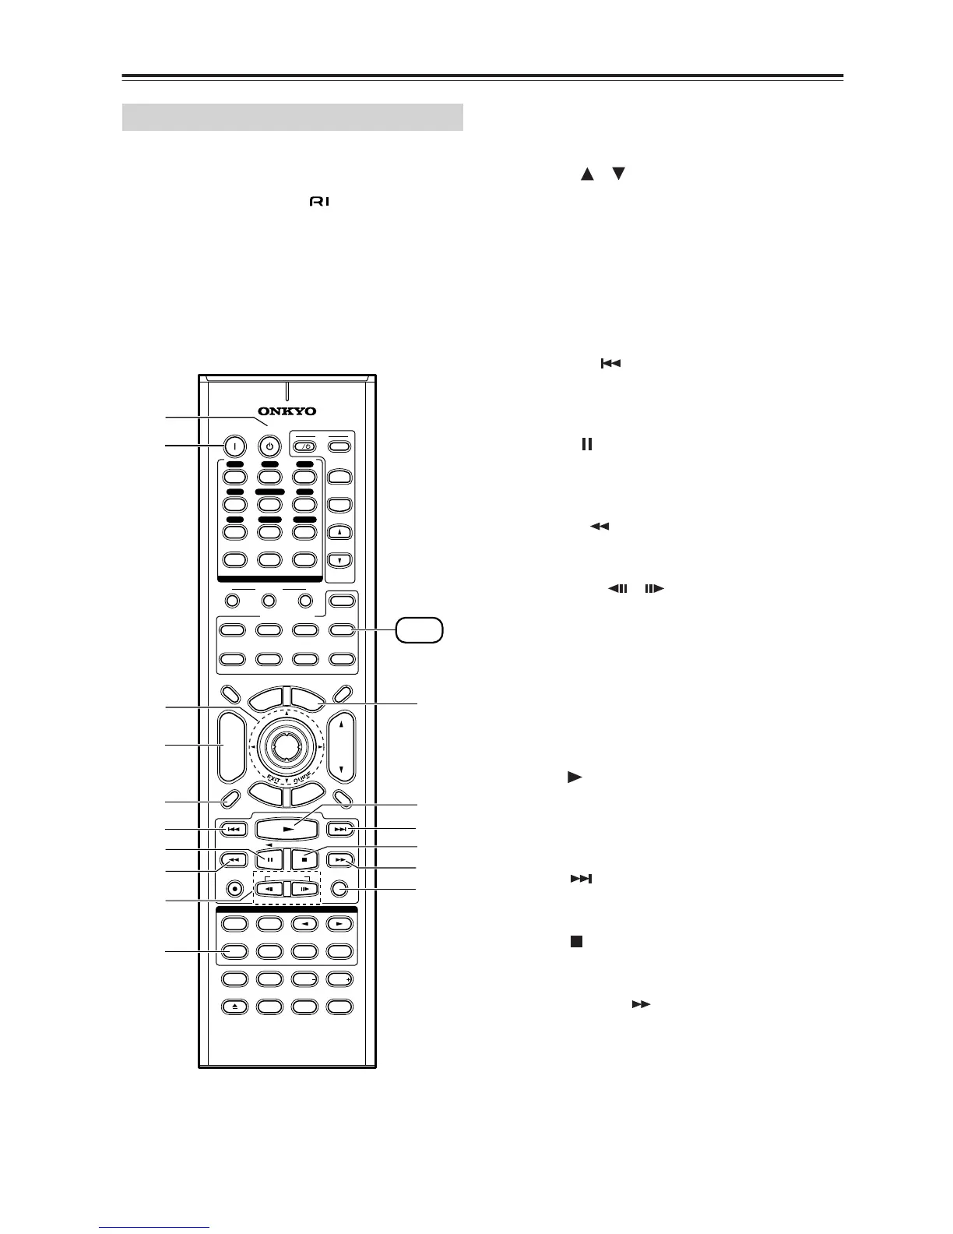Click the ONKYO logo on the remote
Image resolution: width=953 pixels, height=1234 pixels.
(x=287, y=411)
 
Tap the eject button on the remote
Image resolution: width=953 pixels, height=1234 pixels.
(x=235, y=1007)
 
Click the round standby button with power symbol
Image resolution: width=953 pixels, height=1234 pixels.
(x=269, y=447)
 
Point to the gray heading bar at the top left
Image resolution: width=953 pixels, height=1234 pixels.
(x=293, y=117)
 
